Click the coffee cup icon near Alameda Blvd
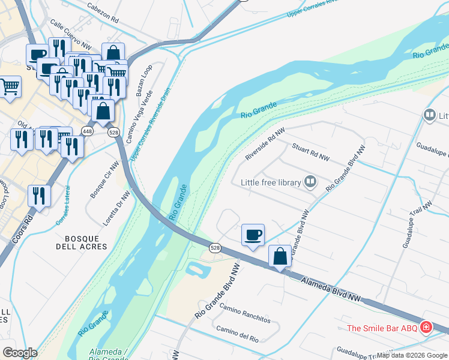[253, 235]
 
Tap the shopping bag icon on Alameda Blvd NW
[280, 256]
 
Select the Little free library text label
[270, 182]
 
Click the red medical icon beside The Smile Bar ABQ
[426, 328]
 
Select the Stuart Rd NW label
[311, 152]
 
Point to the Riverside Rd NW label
[264, 145]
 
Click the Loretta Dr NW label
[116, 209]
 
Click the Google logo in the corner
[20, 352]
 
